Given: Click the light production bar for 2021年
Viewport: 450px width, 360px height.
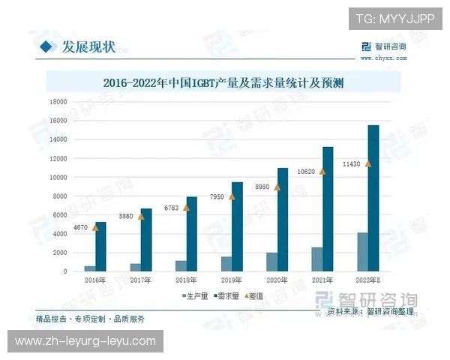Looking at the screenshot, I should click(x=317, y=259).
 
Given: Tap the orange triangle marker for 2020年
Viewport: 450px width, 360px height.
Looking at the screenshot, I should click(x=277, y=187).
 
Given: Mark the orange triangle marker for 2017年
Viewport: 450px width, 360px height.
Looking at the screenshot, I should click(x=140, y=216).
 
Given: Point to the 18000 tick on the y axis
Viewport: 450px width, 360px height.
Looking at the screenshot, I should click(x=57, y=101).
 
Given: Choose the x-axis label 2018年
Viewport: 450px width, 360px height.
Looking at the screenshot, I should click(x=186, y=279).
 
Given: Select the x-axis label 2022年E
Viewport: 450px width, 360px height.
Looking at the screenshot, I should click(x=368, y=279).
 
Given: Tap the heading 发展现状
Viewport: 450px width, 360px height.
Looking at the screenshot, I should click(x=89, y=47).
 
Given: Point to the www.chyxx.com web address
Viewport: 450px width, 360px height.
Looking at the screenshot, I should click(x=383, y=55).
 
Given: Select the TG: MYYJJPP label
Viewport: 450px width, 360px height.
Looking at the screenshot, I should click(x=394, y=18).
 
